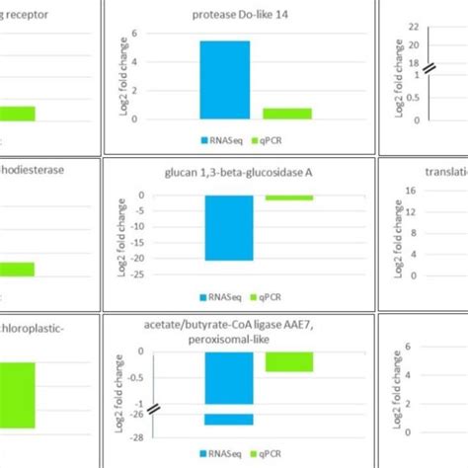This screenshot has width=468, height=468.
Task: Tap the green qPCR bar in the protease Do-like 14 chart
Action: click(287, 113)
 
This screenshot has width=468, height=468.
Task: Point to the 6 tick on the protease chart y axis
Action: click(147, 34)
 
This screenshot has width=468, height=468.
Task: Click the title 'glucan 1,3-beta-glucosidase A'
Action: click(240, 172)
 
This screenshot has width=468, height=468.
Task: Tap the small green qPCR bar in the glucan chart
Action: click(288, 197)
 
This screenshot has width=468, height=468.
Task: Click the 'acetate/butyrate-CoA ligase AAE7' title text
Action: click(240, 324)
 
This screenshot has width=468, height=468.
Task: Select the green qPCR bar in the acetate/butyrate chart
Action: click(288, 361)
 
